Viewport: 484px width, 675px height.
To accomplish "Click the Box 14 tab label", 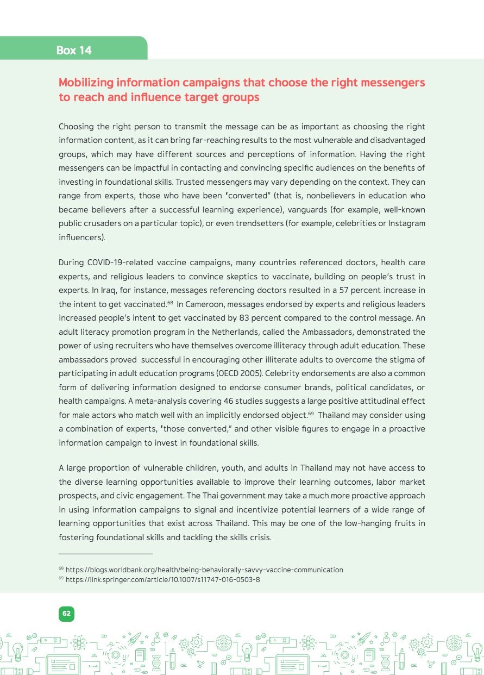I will coord(74,51).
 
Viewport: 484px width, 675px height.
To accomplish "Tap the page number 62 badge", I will coord(66,614).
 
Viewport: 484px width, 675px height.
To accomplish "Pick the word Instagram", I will coord(406,223).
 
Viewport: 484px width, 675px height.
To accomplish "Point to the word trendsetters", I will coord(254,223).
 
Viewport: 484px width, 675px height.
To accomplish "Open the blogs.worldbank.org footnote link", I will coord(204,570).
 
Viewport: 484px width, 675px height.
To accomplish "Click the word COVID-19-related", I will coord(121,262).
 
